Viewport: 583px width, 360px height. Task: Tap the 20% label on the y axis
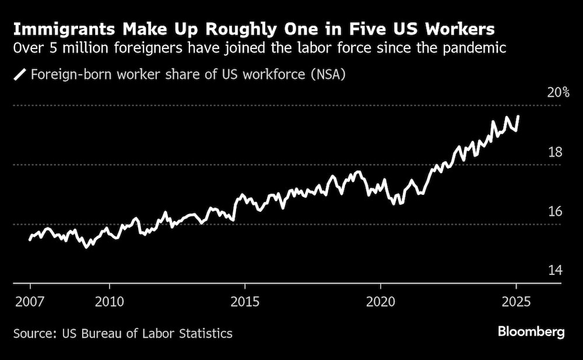coord(559,92)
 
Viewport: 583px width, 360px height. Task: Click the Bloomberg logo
coord(531,332)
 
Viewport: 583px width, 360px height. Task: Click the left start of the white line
coord(30,239)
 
